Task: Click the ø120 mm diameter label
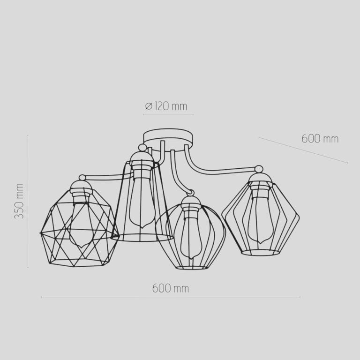(166, 106)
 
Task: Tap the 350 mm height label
(19, 201)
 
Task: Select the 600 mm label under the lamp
(171, 288)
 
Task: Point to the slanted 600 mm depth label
(320, 139)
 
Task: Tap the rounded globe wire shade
(191, 236)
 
